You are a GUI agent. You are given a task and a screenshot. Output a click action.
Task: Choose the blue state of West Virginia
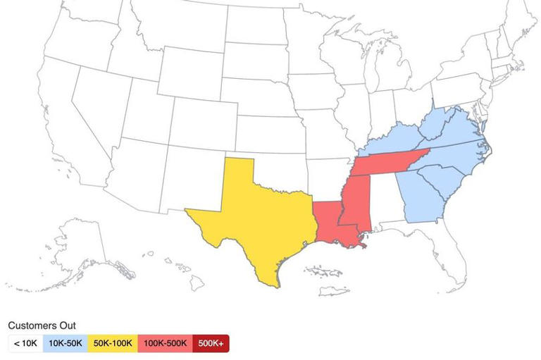(437, 127)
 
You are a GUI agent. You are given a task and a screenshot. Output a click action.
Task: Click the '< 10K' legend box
(25, 343)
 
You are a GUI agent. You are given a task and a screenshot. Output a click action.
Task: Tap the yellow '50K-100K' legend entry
(113, 343)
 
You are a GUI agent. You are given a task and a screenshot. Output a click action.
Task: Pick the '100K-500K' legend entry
(166, 343)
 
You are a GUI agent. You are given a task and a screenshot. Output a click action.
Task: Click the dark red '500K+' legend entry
(211, 343)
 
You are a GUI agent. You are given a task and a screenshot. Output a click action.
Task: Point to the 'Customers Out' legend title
(42, 325)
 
